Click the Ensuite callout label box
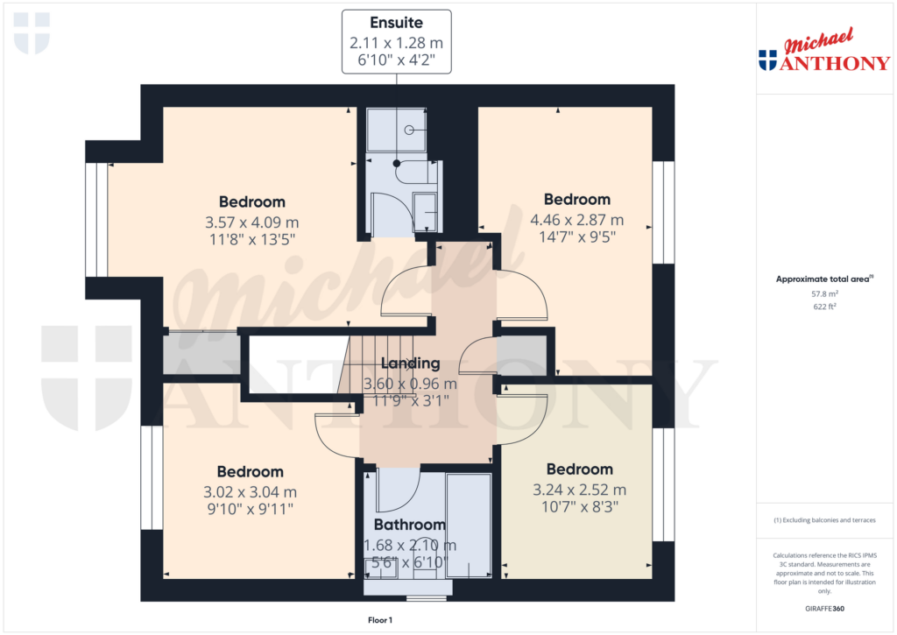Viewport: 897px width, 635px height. coord(395,41)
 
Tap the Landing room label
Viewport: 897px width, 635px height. coord(409,363)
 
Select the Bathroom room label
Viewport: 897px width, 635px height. coord(410,525)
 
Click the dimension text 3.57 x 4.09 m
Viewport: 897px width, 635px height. coord(252,222)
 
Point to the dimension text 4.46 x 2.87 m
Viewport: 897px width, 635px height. coord(576,220)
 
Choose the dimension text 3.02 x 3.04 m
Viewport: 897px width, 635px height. coord(251,492)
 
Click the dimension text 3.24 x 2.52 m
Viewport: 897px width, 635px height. coord(579,490)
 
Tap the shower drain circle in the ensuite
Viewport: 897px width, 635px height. coord(409,130)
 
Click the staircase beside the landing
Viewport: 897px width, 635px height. coord(359,368)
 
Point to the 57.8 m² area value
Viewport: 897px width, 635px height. coord(823,295)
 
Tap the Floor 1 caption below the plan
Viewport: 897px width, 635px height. coord(379,620)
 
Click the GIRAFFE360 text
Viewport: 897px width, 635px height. coord(824,609)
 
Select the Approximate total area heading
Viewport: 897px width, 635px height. coord(823,279)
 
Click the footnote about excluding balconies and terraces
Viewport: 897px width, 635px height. coord(823,520)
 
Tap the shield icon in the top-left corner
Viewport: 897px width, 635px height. coord(32,32)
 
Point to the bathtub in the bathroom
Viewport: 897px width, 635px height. coord(469,526)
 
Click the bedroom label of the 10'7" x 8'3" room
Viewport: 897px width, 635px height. coord(579,469)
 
